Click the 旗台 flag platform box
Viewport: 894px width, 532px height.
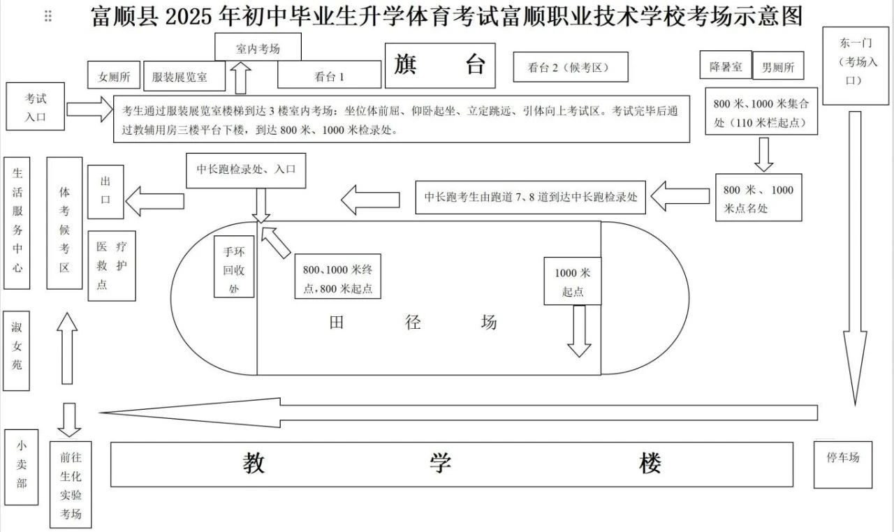pyautogui.click(x=439, y=66)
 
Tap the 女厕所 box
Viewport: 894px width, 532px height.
pyautogui.click(x=114, y=75)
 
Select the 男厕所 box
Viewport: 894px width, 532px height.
pyautogui.click(x=777, y=68)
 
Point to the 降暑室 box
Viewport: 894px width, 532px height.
pyautogui.click(x=726, y=66)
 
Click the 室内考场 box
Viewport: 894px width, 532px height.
pyautogui.click(x=258, y=47)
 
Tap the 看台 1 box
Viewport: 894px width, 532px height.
pyautogui.click(x=329, y=75)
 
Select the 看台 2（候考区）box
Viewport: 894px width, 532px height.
pyautogui.click(x=569, y=67)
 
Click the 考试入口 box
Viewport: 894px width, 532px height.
pyautogui.click(x=36, y=107)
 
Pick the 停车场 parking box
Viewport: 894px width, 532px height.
pyautogui.click(x=842, y=464)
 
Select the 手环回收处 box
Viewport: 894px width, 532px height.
pyautogui.click(x=234, y=267)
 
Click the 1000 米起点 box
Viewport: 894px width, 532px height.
pyautogui.click(x=573, y=281)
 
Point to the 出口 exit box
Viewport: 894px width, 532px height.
pyautogui.click(x=105, y=191)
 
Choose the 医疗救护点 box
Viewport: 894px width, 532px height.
pyautogui.click(x=112, y=265)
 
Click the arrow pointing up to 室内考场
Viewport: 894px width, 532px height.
pyautogui.click(x=242, y=78)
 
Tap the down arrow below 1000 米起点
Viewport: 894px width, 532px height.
pyautogui.click(x=578, y=332)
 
